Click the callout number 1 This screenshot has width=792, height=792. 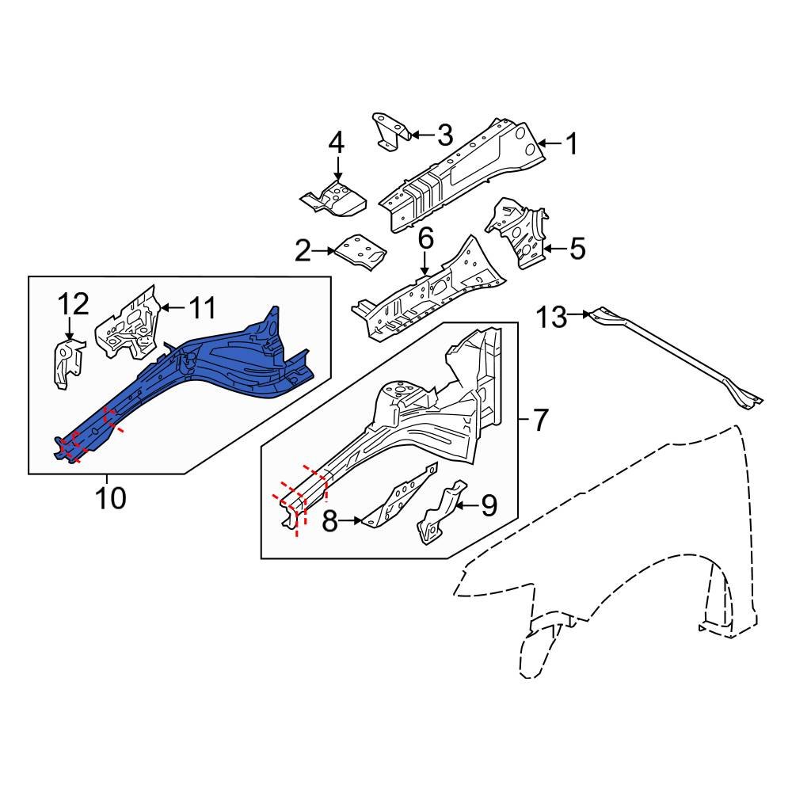[570, 144]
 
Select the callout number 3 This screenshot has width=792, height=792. [444, 135]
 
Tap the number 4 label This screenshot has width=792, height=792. [337, 144]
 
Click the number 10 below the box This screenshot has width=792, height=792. [110, 498]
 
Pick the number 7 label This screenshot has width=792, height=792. [539, 421]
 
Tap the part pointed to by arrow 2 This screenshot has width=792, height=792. [360, 251]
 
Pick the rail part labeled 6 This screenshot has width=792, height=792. [428, 293]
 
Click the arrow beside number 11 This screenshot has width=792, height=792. [172, 305]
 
